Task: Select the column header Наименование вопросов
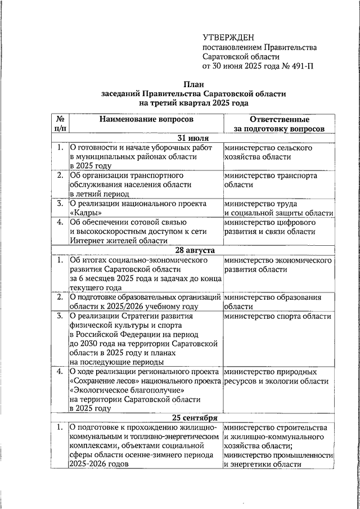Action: (x=146, y=120)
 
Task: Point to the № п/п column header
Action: (x=59, y=124)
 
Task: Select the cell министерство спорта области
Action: (x=277, y=316)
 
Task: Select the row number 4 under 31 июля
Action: (x=59, y=222)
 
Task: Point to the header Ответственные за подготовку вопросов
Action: (x=279, y=124)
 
